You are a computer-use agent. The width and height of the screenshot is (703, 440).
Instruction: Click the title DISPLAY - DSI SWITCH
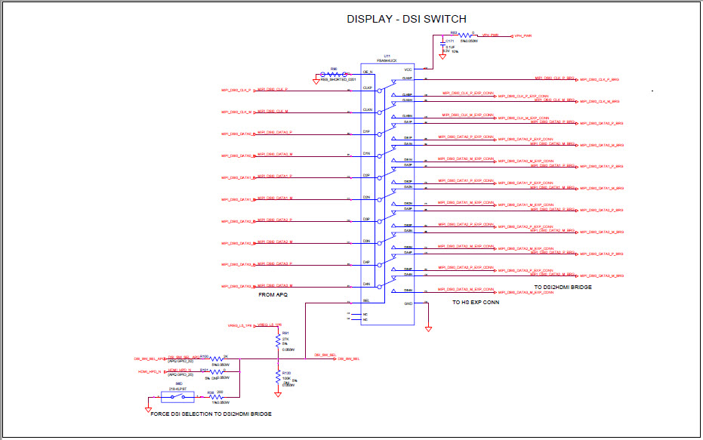click(406, 19)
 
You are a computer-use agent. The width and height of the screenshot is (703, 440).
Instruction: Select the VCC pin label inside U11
click(408, 69)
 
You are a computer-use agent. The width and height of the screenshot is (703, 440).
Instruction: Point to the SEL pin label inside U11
click(366, 300)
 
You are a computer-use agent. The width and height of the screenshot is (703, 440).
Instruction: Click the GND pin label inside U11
click(408, 303)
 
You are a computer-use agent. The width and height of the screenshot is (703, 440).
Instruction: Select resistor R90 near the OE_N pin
click(333, 75)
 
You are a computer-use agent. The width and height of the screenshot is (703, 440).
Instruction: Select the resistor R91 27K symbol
click(279, 341)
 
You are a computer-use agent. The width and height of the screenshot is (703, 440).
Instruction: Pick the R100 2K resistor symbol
click(216, 358)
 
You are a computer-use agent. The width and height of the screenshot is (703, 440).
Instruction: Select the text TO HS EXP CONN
click(472, 302)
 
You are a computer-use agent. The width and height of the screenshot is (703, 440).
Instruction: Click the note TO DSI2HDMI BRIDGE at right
click(563, 288)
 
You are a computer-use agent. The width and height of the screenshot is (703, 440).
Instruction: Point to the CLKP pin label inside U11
click(367, 87)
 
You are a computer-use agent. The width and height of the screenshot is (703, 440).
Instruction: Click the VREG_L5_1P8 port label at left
click(239, 325)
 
